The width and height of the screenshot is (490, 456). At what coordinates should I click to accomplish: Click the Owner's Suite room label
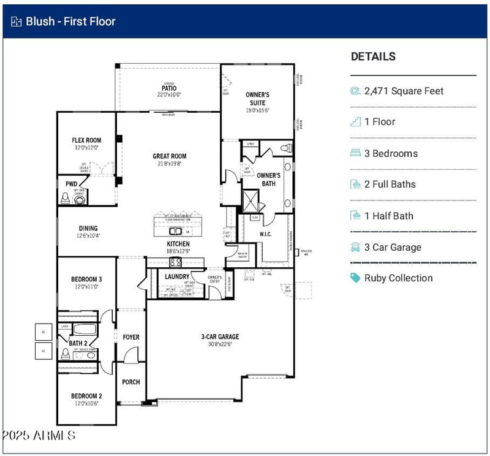(257, 99)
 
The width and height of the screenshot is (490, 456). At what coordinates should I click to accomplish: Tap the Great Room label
(170, 156)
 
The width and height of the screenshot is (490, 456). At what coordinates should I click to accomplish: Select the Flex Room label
(86, 140)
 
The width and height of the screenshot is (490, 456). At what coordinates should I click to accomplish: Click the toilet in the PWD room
(66, 198)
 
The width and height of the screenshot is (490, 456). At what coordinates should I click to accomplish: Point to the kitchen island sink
(176, 231)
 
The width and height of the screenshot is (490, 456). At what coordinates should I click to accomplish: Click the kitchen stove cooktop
(175, 262)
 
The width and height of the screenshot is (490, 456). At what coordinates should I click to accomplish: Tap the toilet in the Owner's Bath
(287, 148)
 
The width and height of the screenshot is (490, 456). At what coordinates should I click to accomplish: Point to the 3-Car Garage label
(220, 336)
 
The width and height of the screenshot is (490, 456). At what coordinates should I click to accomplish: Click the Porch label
(131, 382)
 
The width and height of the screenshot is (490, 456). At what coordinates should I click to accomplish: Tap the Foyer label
(131, 337)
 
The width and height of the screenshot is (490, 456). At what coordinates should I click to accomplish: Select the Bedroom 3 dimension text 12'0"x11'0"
(86, 287)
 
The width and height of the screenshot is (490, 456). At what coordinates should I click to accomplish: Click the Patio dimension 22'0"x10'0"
(169, 95)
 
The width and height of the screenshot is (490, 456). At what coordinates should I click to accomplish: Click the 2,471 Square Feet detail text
(404, 91)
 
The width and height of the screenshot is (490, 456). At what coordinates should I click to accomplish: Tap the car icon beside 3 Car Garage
(355, 247)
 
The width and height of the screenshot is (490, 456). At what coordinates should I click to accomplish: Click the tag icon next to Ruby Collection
(355, 278)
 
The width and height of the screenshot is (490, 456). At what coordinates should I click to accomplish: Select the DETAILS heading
(373, 56)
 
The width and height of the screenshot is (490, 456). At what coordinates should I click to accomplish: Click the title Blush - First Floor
(70, 21)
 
